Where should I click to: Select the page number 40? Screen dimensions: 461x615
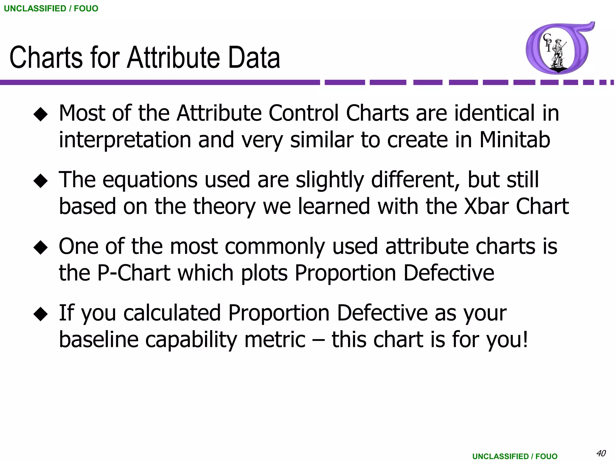click(601, 453)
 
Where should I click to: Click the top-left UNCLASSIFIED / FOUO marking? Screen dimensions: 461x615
click(51, 8)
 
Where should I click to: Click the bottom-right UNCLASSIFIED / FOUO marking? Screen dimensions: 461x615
click(515, 456)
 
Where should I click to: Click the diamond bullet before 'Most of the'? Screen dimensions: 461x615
click(41, 115)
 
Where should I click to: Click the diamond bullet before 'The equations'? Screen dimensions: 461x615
click(41, 181)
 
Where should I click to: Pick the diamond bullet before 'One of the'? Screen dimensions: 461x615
click(41, 248)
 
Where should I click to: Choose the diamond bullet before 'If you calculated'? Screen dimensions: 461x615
click(41, 314)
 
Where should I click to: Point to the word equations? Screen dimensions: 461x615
click(150, 180)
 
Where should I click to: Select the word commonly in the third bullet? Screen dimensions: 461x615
click(275, 246)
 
